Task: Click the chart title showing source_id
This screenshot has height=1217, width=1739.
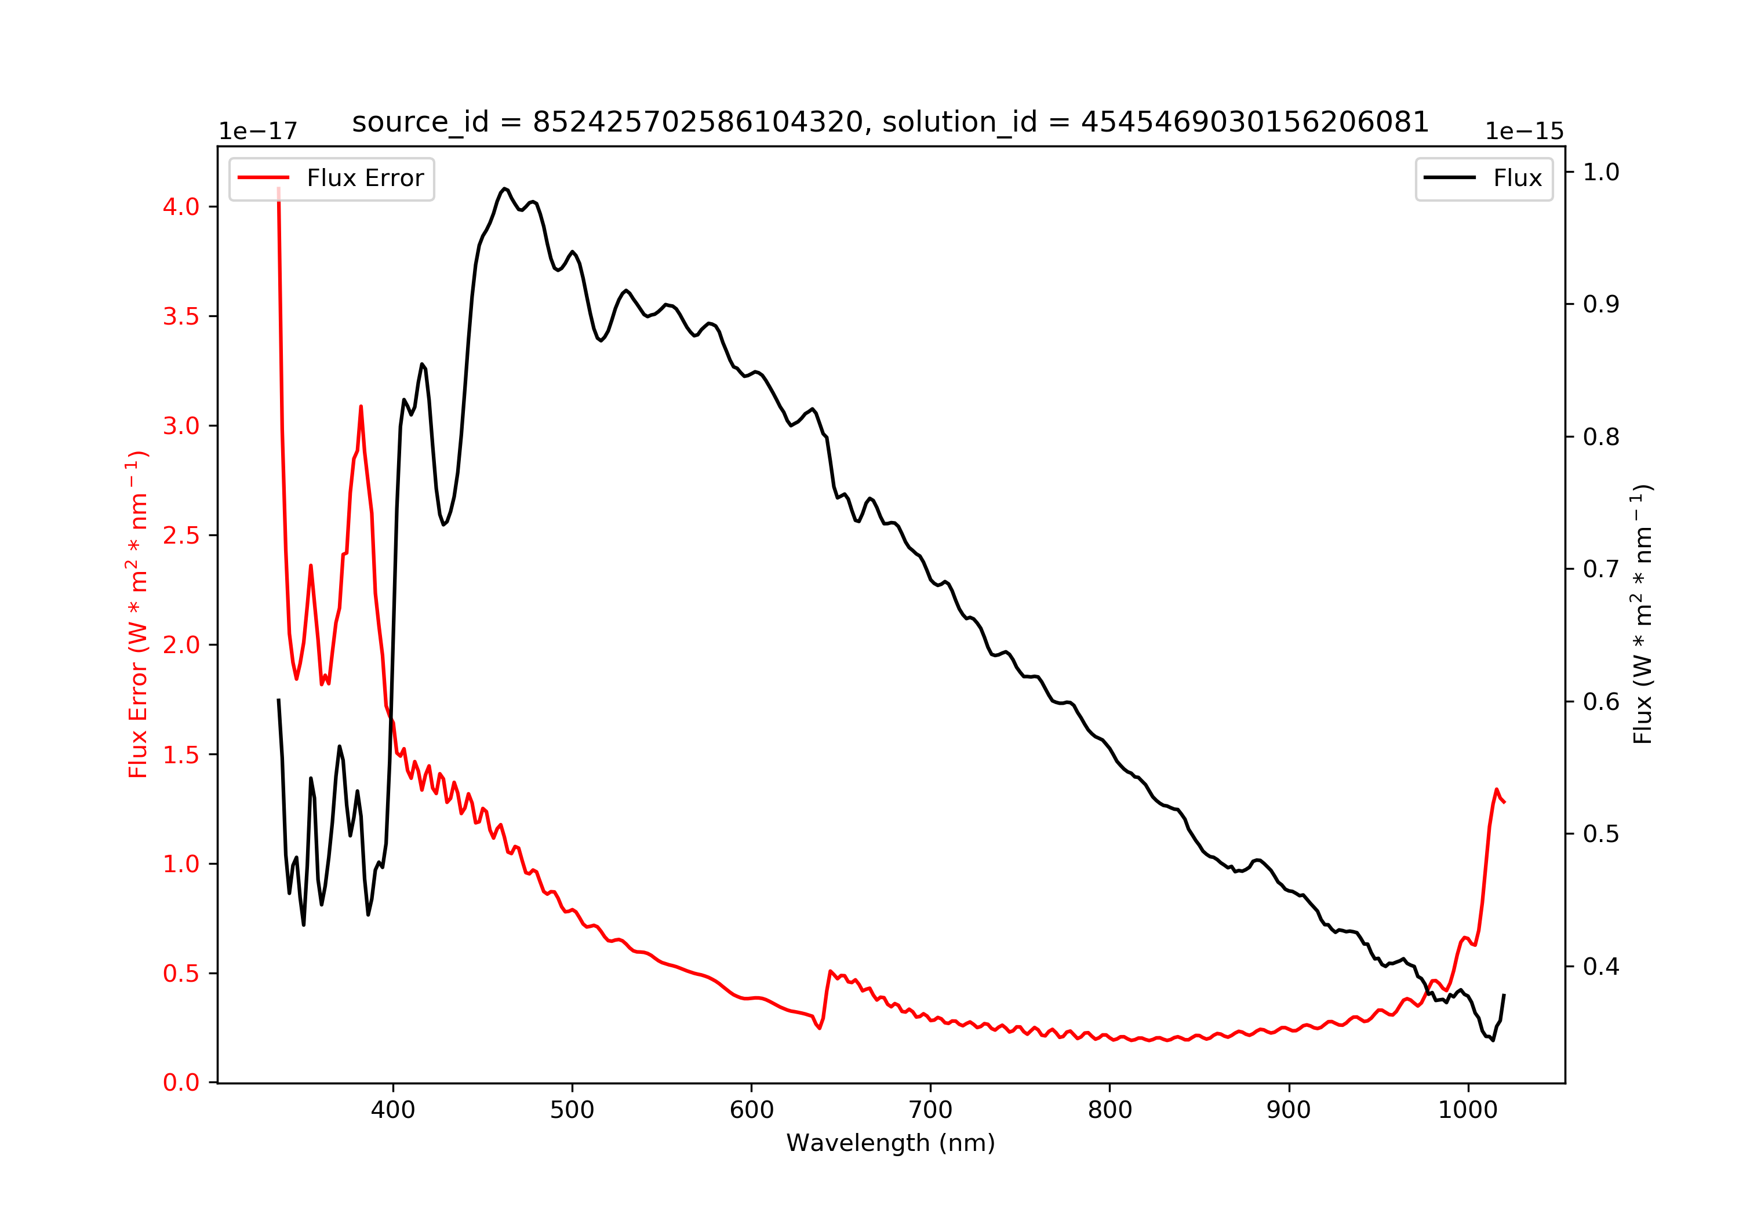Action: point(890,122)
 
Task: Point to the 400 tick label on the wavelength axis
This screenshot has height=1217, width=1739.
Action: point(392,1110)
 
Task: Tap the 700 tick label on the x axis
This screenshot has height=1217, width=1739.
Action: point(930,1110)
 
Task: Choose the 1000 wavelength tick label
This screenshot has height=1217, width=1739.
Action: point(1467,1110)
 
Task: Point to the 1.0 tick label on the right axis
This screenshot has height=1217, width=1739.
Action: point(1601,173)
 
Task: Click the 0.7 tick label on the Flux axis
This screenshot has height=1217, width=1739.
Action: point(1601,570)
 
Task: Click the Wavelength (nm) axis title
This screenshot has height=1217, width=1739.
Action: point(890,1143)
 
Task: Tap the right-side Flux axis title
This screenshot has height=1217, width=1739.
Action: point(1642,615)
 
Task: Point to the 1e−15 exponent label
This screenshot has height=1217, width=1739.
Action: point(1524,132)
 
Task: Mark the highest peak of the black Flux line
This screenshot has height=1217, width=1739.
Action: point(504,188)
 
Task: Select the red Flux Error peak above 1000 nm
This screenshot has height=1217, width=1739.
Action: point(1497,789)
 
